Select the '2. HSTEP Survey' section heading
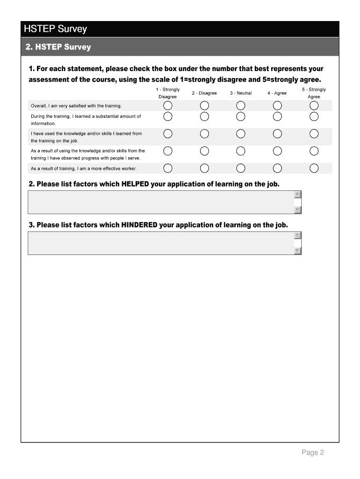[58, 47]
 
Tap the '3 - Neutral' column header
[241, 93]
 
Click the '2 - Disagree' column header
[204, 93]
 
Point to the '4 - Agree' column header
[277, 93]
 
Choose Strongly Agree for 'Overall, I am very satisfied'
[314, 105]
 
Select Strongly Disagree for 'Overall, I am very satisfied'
[168, 105]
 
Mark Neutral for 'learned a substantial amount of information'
[241, 116]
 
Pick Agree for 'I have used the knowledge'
[277, 134]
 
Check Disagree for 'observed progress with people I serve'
[204, 151]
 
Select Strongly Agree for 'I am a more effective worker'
[314, 168]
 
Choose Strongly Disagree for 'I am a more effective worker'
[168, 168]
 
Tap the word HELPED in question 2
[135, 184]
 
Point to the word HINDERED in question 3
[139, 225]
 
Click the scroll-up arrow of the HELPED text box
[298, 195]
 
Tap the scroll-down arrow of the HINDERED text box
[298, 251]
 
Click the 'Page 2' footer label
[313, 452]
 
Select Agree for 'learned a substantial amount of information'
[277, 116]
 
